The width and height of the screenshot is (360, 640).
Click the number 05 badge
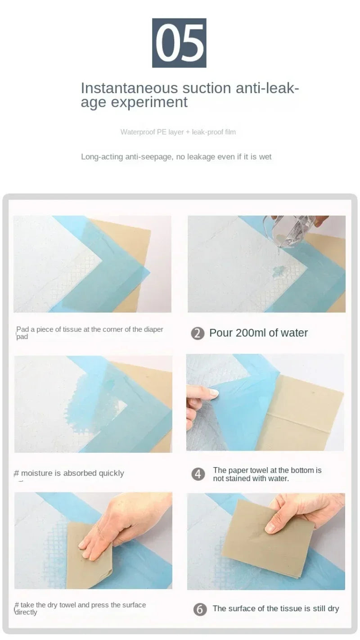click(179, 43)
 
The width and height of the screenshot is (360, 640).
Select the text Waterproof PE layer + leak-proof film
click(178, 132)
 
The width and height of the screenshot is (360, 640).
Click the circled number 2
click(198, 334)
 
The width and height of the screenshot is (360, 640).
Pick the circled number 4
click(198, 474)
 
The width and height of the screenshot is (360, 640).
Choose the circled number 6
click(200, 609)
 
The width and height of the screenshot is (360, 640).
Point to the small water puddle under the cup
click(276, 270)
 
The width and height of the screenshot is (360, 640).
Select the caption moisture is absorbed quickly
click(72, 473)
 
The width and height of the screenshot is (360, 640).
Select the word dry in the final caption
click(333, 608)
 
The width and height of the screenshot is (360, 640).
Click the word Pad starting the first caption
click(22, 329)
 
